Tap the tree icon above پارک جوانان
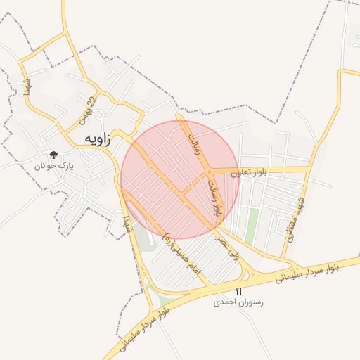pos(53,155)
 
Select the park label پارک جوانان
pos(55,166)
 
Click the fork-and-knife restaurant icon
pos(238,291)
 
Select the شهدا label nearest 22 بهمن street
pos(27,89)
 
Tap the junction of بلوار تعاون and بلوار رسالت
pos(210,171)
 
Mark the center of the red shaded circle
pos(179,179)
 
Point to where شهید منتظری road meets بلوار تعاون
pos(307,169)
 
